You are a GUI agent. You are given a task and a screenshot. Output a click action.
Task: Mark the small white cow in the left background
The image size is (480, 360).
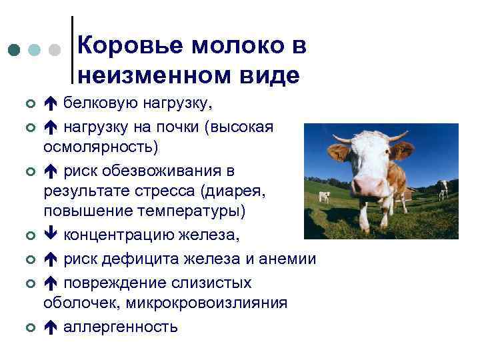(324, 196)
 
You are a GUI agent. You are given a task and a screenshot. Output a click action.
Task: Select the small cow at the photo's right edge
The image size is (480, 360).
(443, 189)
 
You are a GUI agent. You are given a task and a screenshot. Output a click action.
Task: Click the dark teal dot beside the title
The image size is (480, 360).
(15, 50)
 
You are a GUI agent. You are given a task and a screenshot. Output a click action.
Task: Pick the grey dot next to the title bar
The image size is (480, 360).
(57, 50)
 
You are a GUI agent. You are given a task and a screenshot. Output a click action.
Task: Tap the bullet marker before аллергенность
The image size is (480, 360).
(29, 328)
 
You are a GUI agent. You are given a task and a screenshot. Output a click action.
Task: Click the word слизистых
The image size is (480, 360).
(215, 283)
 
